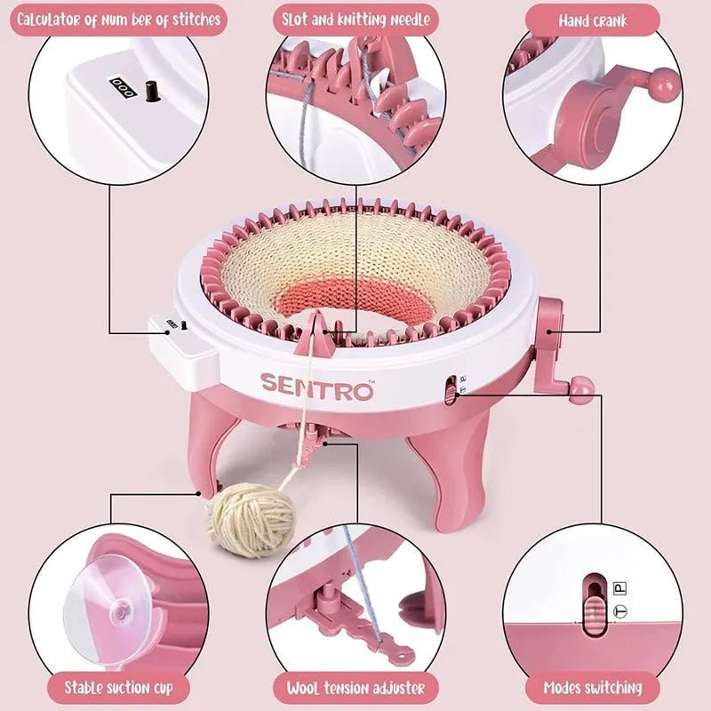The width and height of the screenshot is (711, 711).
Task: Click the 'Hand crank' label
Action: (592, 19)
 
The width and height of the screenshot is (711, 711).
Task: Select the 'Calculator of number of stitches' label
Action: (117, 19)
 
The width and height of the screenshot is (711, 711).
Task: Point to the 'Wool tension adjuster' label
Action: (355, 687)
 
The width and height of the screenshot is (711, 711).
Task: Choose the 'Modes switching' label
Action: (594, 687)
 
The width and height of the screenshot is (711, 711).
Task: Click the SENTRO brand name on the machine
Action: (316, 387)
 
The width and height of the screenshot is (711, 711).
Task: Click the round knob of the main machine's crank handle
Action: (582, 389)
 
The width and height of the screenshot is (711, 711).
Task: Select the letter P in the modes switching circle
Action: (620, 588)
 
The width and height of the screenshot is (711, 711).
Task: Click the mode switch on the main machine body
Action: (451, 387)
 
